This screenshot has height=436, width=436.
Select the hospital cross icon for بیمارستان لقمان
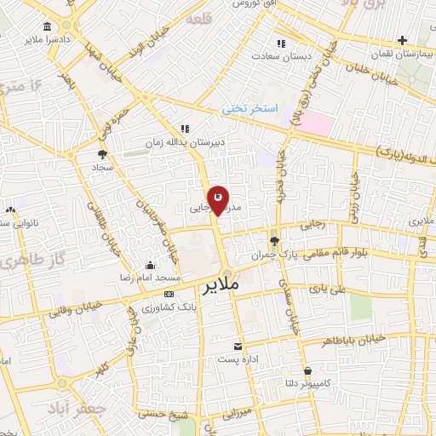[x=403, y=40]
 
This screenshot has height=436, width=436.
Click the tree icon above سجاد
[x=103, y=154]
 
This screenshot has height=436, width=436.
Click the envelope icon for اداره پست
[x=238, y=347]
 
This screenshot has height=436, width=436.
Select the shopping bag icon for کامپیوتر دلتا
[x=307, y=370]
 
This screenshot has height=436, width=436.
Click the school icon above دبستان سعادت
[x=280, y=43]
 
